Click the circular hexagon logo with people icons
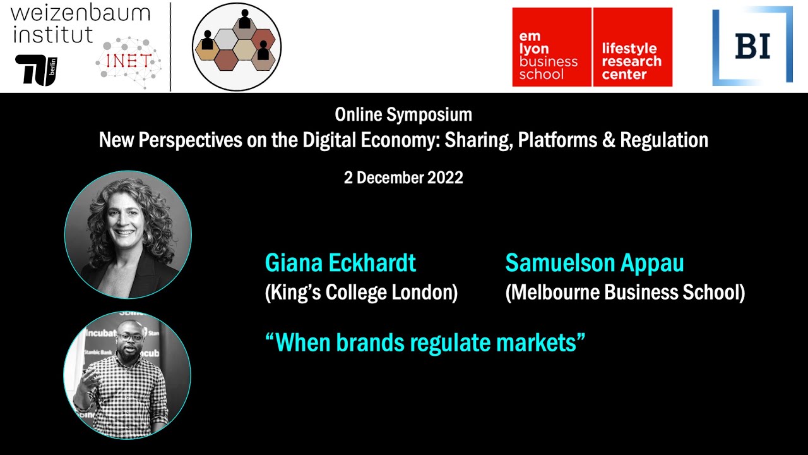(236, 47)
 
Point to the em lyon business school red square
(551, 47)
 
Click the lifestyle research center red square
(632, 47)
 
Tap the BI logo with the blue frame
(752, 45)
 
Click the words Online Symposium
(403, 114)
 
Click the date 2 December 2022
(403, 178)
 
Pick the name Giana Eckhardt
(340, 263)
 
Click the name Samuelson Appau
(594, 263)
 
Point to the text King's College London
(361, 293)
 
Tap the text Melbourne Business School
(625, 293)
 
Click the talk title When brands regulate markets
(425, 343)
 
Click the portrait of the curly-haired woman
(128, 234)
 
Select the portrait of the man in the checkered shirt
(127, 375)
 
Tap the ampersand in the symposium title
(608, 140)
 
